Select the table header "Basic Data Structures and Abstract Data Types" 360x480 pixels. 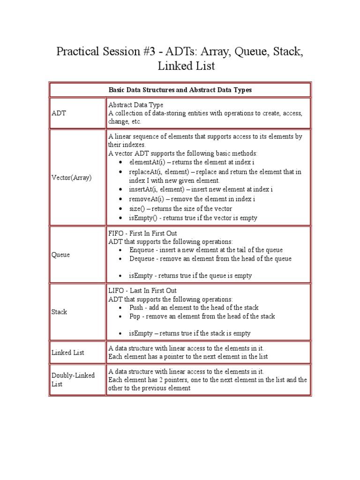[x=180, y=90]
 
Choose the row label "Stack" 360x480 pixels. [x=59, y=312]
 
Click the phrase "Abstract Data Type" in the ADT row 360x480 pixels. [x=136, y=105]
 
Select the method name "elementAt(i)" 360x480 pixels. [x=148, y=163]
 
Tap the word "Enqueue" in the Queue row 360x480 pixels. [x=142, y=250]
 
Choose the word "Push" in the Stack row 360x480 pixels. [x=136, y=308]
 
